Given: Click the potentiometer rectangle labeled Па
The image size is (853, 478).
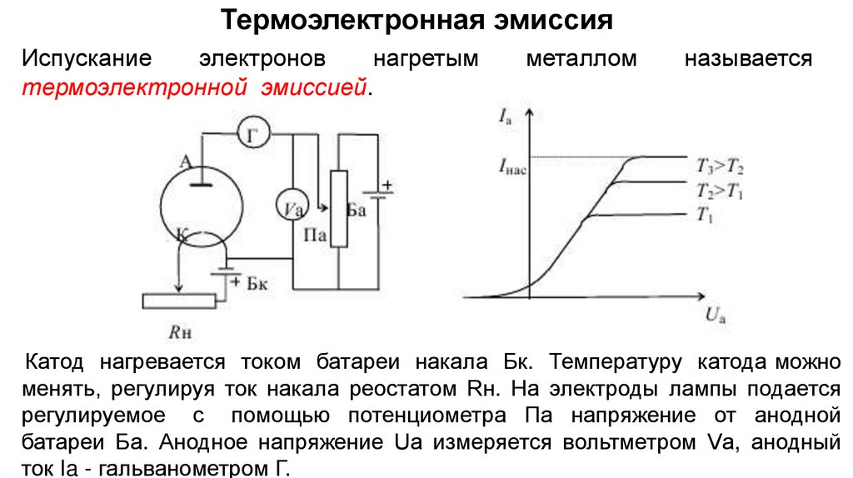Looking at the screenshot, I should (x=338, y=208).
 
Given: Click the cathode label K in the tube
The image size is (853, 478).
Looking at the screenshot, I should (x=182, y=233).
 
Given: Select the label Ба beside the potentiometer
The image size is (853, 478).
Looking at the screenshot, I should (x=357, y=212).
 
